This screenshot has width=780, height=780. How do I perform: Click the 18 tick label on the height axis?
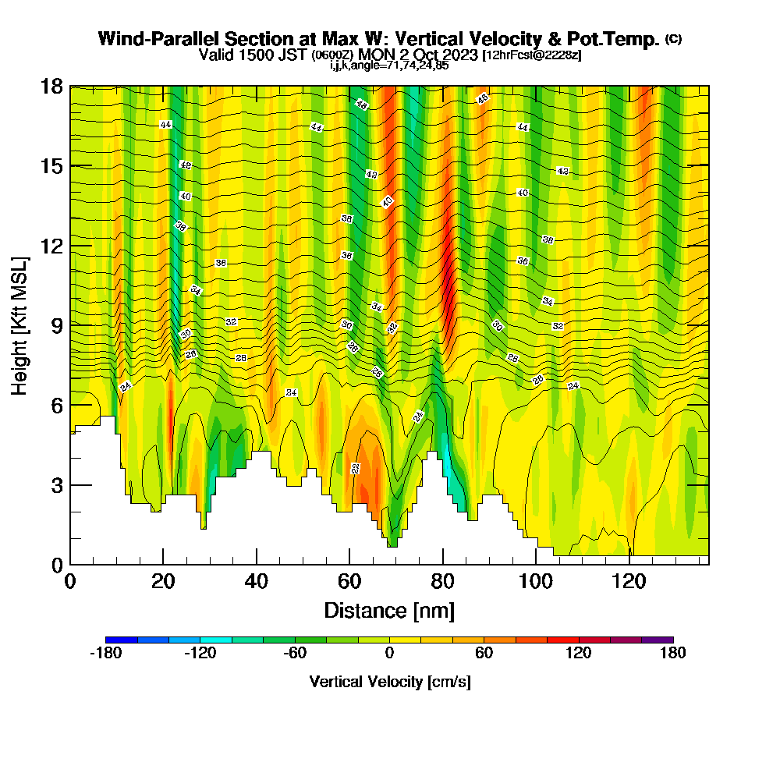click(x=52, y=86)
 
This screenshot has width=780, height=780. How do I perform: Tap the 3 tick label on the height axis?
click(x=56, y=485)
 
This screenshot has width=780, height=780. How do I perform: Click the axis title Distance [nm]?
click(x=389, y=610)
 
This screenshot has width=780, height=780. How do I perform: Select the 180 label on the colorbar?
click(x=672, y=654)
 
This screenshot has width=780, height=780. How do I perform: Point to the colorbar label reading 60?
click(x=484, y=654)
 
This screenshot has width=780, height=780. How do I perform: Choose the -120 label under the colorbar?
click(x=200, y=654)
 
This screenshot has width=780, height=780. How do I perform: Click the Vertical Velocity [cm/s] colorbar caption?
click(x=389, y=682)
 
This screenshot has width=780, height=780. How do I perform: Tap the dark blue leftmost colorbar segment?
click(x=122, y=640)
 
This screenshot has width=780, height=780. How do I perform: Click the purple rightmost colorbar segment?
click(x=657, y=640)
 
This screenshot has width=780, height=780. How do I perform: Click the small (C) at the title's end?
click(x=673, y=38)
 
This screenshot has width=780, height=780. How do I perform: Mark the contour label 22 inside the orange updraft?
click(x=356, y=469)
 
